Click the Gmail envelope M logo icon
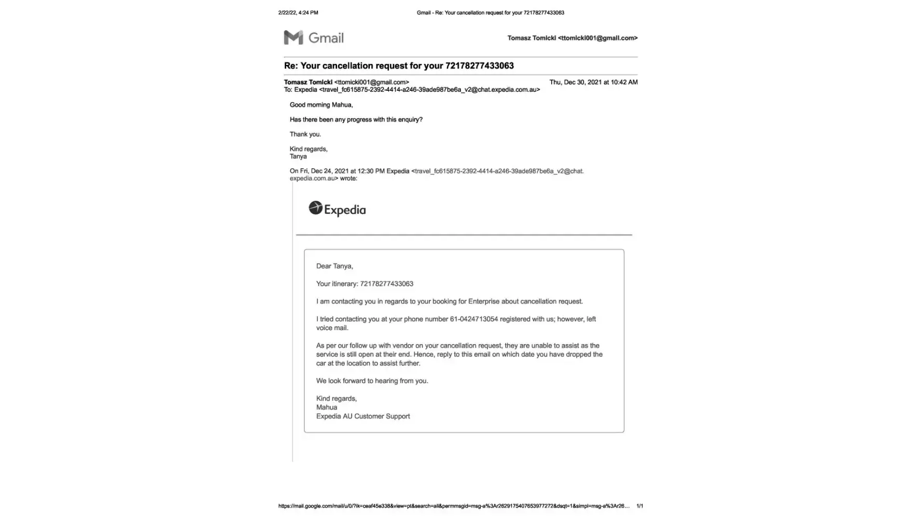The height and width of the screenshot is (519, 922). pyautogui.click(x=293, y=37)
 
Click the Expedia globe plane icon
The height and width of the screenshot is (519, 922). pyautogui.click(x=315, y=208)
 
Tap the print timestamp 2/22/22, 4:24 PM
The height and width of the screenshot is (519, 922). pyautogui.click(x=298, y=12)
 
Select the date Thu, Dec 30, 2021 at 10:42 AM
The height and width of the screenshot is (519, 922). pyautogui.click(x=593, y=82)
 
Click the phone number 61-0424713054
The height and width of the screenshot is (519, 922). pyautogui.click(x=473, y=319)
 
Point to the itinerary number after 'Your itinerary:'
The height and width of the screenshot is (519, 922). pyautogui.click(x=386, y=284)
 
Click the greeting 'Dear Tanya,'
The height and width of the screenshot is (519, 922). pyautogui.click(x=334, y=266)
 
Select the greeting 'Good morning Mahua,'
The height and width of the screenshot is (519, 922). pyautogui.click(x=321, y=105)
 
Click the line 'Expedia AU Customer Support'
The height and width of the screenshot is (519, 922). pyautogui.click(x=363, y=416)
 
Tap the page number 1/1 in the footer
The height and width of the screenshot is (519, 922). pyautogui.click(x=639, y=506)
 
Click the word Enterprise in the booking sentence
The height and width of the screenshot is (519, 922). pyautogui.click(x=485, y=302)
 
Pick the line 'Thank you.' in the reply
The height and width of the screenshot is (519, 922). pyautogui.click(x=305, y=134)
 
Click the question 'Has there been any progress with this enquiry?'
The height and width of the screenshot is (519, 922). pyautogui.click(x=356, y=119)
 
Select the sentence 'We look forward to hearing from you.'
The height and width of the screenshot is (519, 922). pyautogui.click(x=372, y=381)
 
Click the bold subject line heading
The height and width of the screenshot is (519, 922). pyautogui.click(x=398, y=66)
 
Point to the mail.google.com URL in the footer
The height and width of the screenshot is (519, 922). pyautogui.click(x=453, y=506)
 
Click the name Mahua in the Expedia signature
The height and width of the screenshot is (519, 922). pyautogui.click(x=327, y=407)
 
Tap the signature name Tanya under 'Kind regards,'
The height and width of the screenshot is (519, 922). pyautogui.click(x=298, y=156)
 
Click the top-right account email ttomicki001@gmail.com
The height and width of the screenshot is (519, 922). pyautogui.click(x=597, y=38)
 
